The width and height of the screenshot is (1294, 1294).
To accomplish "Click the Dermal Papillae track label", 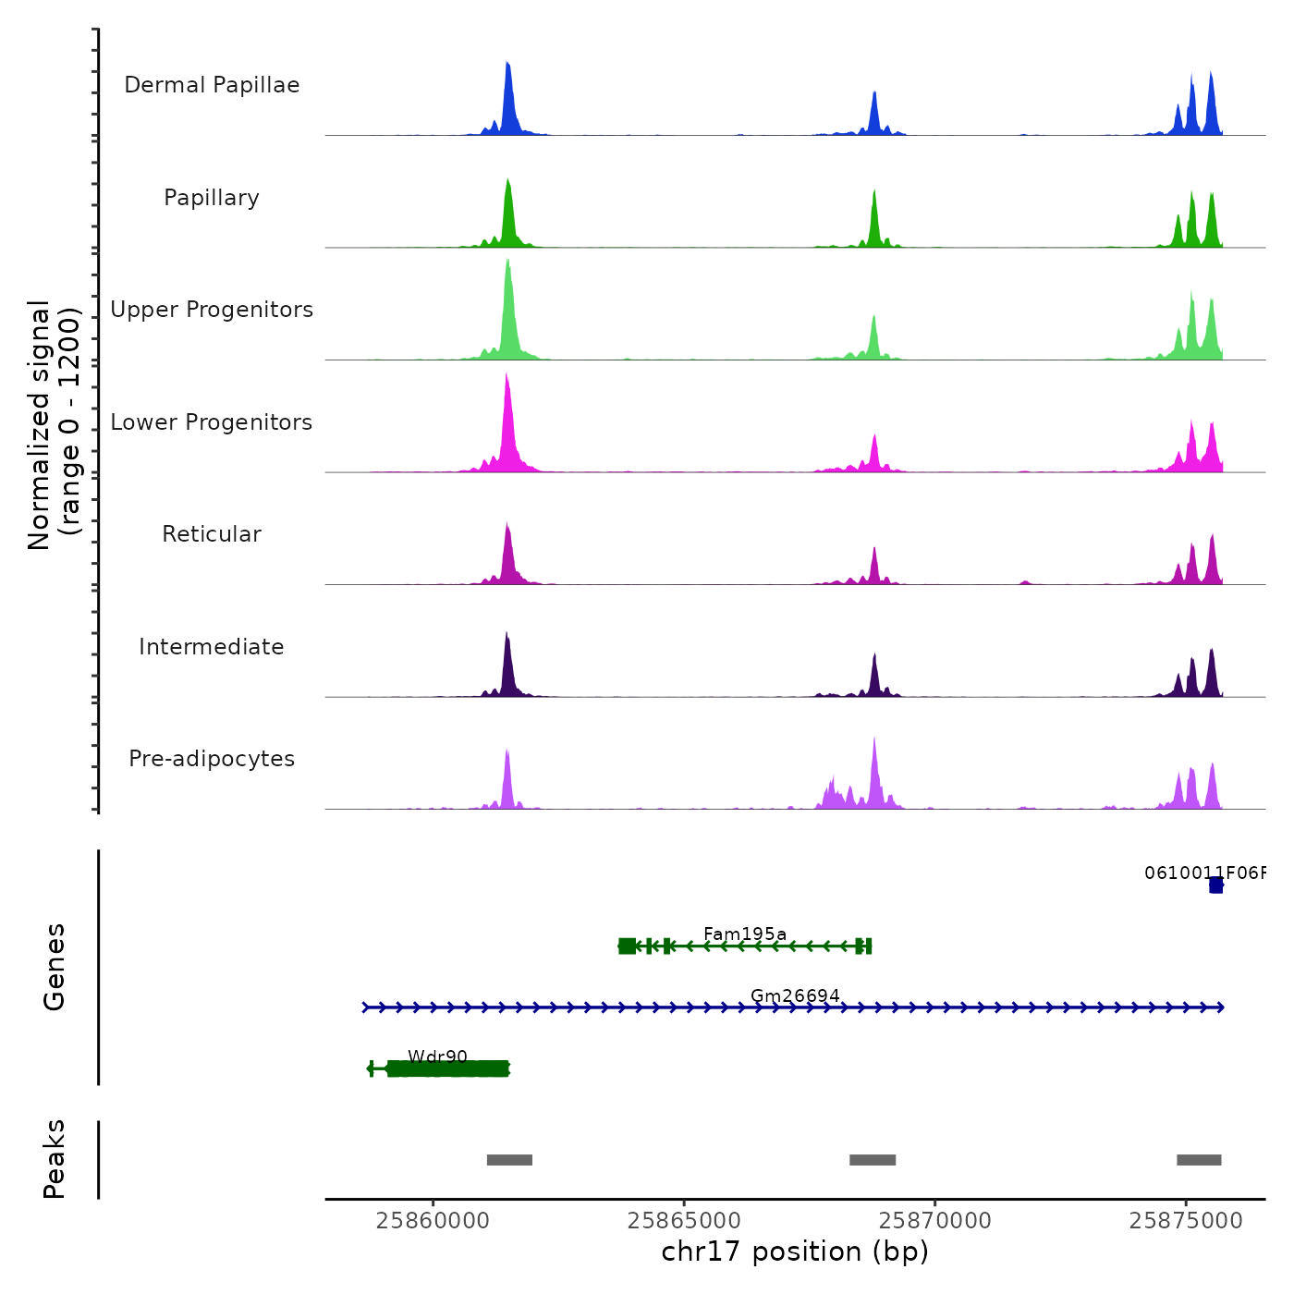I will pos(212,85).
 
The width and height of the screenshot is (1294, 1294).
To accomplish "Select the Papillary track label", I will pos(212,198).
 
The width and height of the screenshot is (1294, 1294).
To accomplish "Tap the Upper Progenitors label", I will pos(212,310).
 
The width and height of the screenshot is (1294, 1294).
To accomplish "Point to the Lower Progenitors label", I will pos(212,422).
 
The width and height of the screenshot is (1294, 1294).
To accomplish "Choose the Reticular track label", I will pos(212,534).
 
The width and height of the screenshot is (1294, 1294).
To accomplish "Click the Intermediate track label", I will pos(212,647).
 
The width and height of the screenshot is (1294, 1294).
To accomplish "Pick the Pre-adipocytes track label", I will pos(212,759).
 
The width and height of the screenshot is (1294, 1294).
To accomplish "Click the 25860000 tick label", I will pos(433,1221).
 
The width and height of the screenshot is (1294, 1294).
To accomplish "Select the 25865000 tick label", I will pos(684,1221).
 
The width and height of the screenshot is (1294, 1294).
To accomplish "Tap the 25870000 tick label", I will pos(935,1221).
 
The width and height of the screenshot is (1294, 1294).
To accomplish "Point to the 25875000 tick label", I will pos(1186,1221).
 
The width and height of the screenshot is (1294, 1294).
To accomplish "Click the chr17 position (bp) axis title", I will pos(795,1251).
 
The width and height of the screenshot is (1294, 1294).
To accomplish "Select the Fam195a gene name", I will pos(745,934).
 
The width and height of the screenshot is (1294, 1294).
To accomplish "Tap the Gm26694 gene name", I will pos(795,995).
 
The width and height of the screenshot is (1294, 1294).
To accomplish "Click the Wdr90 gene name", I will pos(437,1056).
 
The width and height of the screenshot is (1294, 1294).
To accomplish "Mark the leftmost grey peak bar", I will pos(509,1160).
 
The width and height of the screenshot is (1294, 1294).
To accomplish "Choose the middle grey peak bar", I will pos(873,1160).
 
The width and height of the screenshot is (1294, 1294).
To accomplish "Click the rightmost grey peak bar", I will pos(1199,1160).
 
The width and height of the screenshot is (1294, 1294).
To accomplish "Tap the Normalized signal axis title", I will pos(54,425).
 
